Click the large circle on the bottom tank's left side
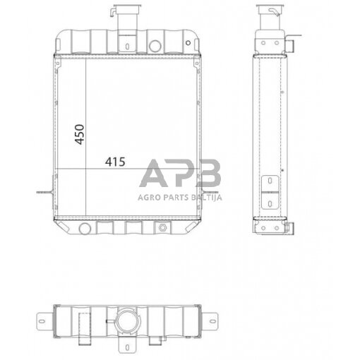point(85,228)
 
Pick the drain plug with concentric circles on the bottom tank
point(164,228)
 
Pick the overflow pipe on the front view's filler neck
point(113,12)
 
